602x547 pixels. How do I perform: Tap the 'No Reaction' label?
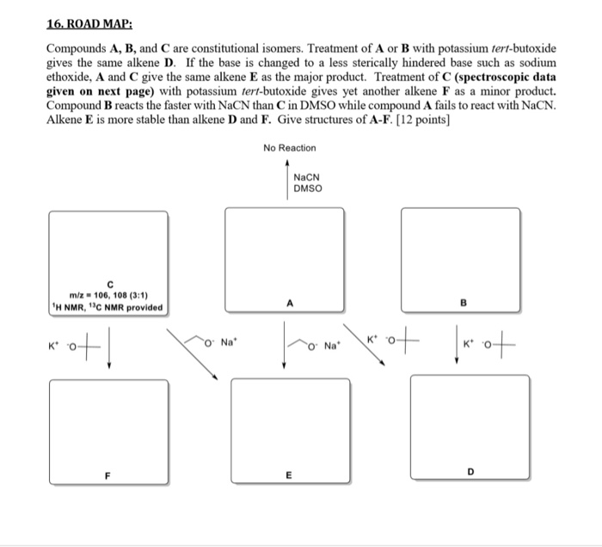(290, 148)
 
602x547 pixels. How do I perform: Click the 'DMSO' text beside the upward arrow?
(306, 188)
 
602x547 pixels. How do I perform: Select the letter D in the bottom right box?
(470, 472)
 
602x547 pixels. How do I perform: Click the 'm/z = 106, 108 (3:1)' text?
(108, 294)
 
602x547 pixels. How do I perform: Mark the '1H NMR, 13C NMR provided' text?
(107, 307)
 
